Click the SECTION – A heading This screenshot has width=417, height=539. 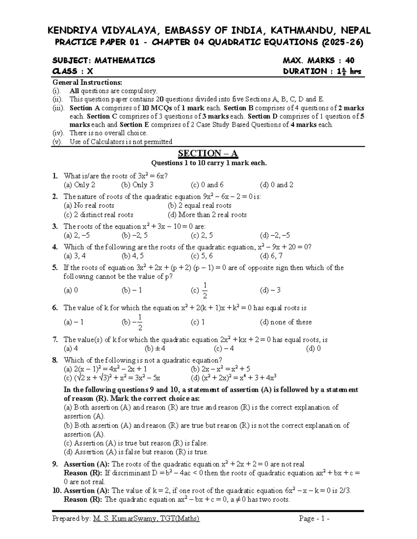click(208, 153)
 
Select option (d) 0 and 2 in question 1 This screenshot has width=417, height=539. click(276, 185)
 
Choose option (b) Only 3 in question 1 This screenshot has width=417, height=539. click(137, 185)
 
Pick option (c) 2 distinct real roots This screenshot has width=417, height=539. click(98, 215)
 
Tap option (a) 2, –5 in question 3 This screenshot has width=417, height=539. click(76, 235)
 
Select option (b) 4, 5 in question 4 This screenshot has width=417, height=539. click(132, 256)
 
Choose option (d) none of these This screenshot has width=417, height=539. click(286, 322)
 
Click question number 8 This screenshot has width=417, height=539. click(55, 360)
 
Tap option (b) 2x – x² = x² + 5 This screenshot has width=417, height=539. click(220, 369)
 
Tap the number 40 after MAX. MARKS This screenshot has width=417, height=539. click(349, 61)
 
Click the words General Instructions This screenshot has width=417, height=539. click(87, 83)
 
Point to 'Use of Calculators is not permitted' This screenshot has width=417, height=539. click(121, 142)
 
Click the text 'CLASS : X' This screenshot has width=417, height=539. click(73, 71)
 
